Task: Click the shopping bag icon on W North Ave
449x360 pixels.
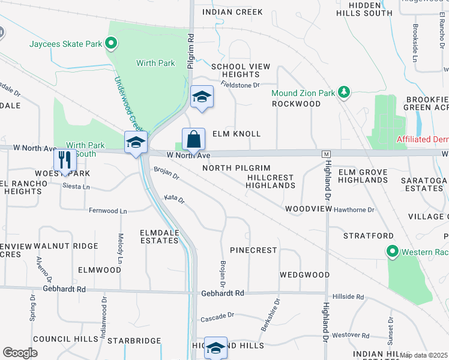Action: coord(194,140)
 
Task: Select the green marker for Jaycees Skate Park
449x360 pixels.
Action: coord(110,43)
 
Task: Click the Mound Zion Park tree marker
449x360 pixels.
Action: coord(343,92)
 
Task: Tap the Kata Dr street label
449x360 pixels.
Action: coord(174,197)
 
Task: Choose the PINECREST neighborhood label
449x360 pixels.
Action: coord(253,250)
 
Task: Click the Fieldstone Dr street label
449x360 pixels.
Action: coord(240,85)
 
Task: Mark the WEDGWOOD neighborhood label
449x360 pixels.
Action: coord(304,275)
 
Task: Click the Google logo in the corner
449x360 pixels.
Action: coord(20,353)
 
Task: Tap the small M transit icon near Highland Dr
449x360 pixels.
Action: coord(327,154)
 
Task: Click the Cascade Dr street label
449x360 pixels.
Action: coord(217,316)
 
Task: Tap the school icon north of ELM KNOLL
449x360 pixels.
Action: coord(202,97)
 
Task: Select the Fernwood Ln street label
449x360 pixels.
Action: coord(108,211)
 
